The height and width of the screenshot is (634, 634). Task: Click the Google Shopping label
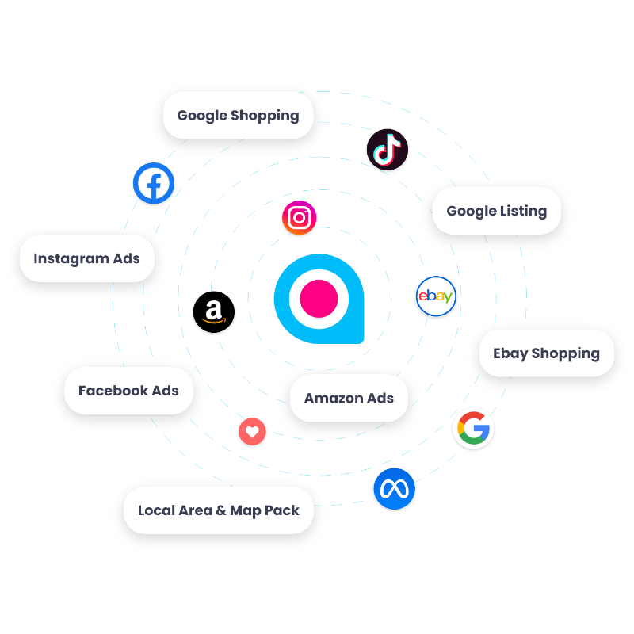pos(238,115)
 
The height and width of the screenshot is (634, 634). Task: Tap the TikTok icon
pos(387,150)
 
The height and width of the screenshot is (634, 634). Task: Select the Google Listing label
pos(496,211)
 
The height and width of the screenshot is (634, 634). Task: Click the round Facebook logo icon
pos(153,185)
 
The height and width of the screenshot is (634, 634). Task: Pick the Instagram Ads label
pos(86,258)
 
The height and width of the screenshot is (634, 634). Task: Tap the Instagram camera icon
pos(300,218)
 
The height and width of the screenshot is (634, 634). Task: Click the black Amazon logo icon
pos(214,313)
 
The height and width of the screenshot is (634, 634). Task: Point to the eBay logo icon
pos(436,297)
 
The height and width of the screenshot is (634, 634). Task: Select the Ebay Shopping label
pos(546,353)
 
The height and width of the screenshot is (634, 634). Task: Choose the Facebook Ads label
pos(128,391)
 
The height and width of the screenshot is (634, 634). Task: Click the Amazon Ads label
pos(349,398)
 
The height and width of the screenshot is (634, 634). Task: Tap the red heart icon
pos(252,432)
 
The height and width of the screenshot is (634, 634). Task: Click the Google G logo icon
pos(473,429)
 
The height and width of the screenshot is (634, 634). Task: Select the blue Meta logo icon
pos(394,489)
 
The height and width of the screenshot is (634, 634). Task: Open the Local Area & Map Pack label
pos(218,510)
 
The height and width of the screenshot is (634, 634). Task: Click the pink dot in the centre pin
pos(319,299)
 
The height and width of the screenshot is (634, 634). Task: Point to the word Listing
pos(522,211)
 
